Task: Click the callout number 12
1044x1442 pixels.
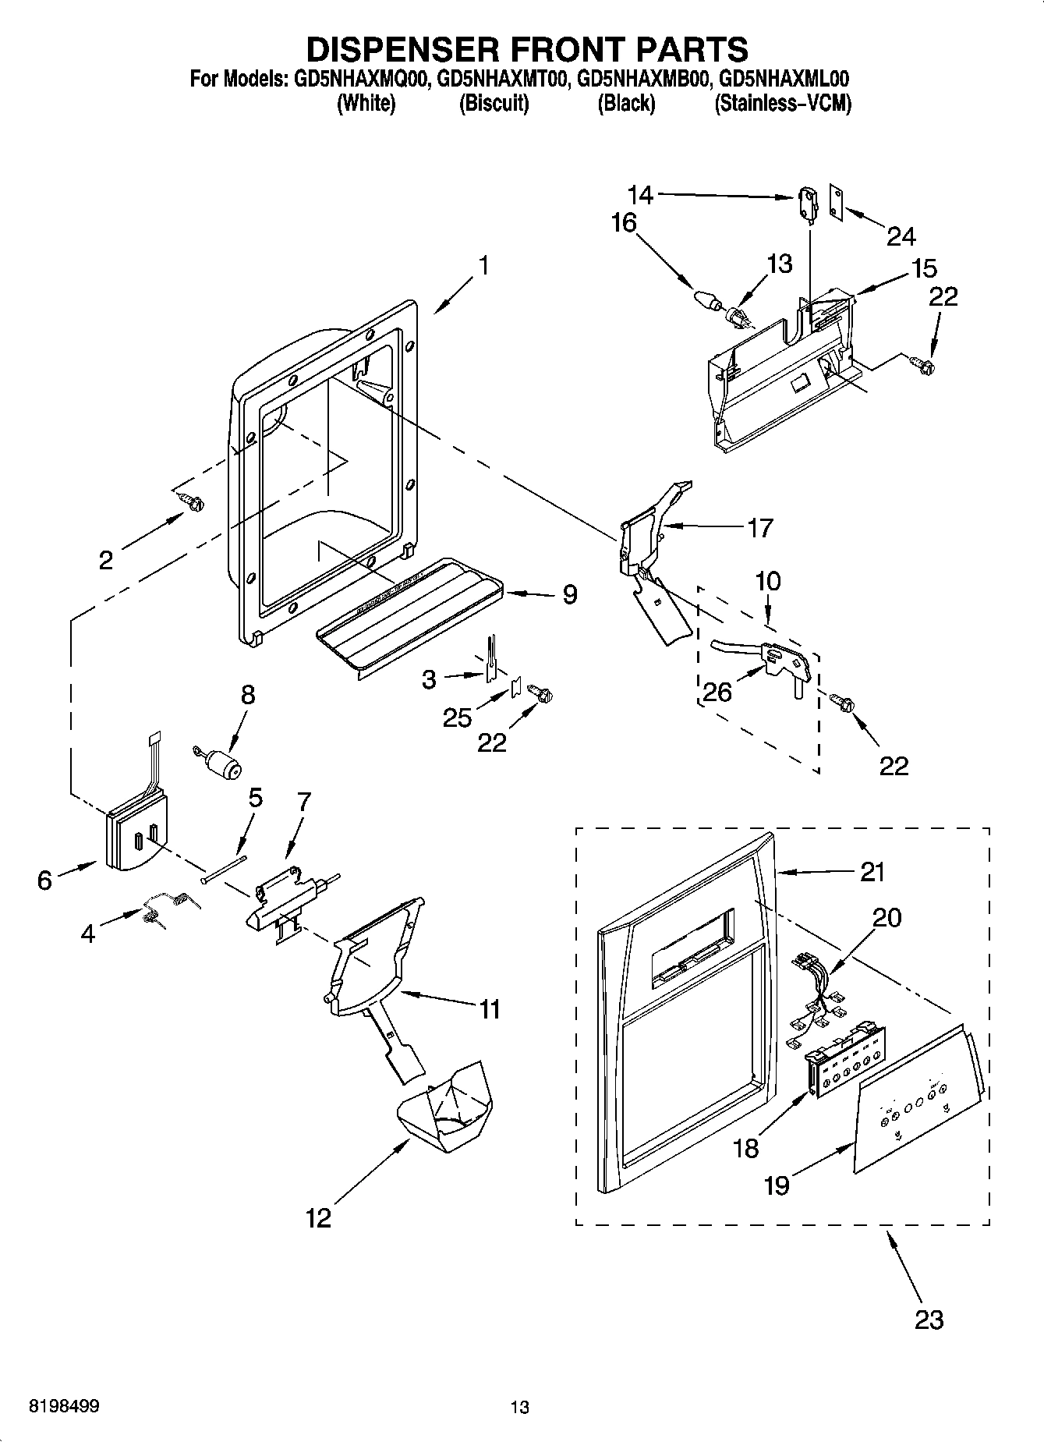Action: coord(318,1217)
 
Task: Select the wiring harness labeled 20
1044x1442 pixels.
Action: coord(815,994)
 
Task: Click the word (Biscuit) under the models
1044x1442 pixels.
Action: coord(494,103)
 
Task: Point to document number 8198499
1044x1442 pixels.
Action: coord(63,1407)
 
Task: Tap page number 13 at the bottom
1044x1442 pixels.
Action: coord(519,1407)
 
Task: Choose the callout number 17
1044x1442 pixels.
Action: coord(759,528)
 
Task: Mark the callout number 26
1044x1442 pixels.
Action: coord(717,691)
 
